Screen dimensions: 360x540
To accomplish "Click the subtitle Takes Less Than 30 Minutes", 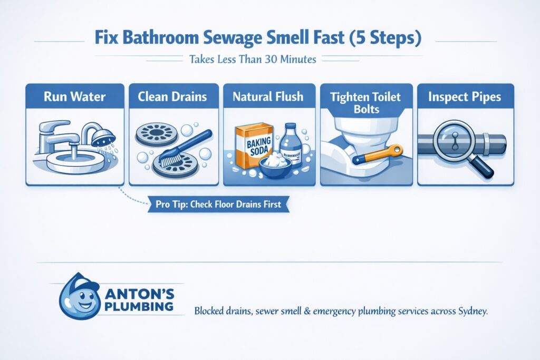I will click(x=252, y=60).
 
